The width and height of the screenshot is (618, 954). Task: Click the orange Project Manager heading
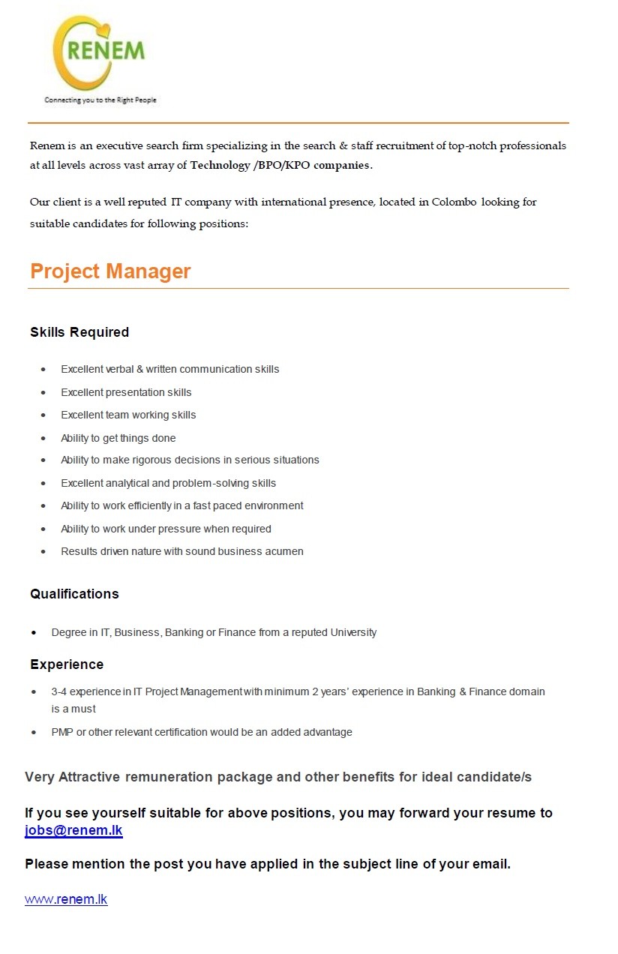[x=110, y=271]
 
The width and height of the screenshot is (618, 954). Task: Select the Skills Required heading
[x=79, y=332]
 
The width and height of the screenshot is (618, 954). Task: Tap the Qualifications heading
[x=74, y=594]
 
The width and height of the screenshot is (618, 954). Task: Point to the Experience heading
[x=67, y=664]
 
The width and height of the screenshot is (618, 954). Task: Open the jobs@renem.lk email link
[x=73, y=830]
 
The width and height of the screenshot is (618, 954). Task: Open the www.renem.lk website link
[x=66, y=899]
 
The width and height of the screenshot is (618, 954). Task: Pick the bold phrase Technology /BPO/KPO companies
[x=280, y=165]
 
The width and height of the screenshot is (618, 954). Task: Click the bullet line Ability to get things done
[x=118, y=438]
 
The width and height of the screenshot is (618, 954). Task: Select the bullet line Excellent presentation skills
[x=126, y=392]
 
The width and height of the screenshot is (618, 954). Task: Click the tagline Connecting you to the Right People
[x=100, y=100]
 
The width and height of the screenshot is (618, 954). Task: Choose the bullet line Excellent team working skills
[x=128, y=415]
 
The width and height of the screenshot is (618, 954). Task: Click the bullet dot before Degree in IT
[x=34, y=633]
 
